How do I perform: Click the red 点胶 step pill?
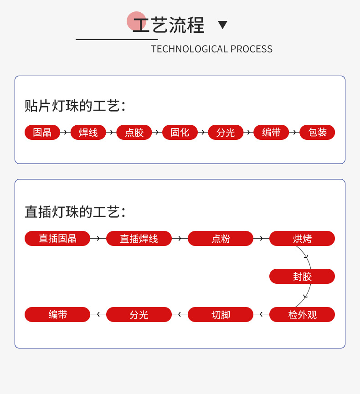tap(134, 133)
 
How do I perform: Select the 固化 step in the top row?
tap(180, 133)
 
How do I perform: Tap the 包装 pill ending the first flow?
tap(317, 133)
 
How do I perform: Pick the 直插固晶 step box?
tap(57, 238)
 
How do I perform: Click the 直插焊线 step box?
tap(139, 238)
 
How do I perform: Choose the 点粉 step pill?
tap(221, 238)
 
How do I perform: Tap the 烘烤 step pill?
tap(302, 238)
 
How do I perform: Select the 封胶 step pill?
tap(302, 276)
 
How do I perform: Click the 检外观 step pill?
tap(302, 314)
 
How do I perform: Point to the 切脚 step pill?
tap(221, 314)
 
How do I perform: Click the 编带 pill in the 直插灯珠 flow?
tap(57, 314)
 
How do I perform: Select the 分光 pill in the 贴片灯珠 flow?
tap(226, 133)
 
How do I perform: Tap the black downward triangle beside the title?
tap(222, 25)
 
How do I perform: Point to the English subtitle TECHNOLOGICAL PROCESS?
tap(211, 49)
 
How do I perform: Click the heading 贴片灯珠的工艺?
tap(75, 106)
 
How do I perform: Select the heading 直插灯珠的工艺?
tap(75, 212)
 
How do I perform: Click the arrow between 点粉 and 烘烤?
tap(261, 238)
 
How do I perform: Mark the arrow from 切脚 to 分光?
tap(180, 314)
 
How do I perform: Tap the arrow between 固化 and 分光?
tap(203, 133)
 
